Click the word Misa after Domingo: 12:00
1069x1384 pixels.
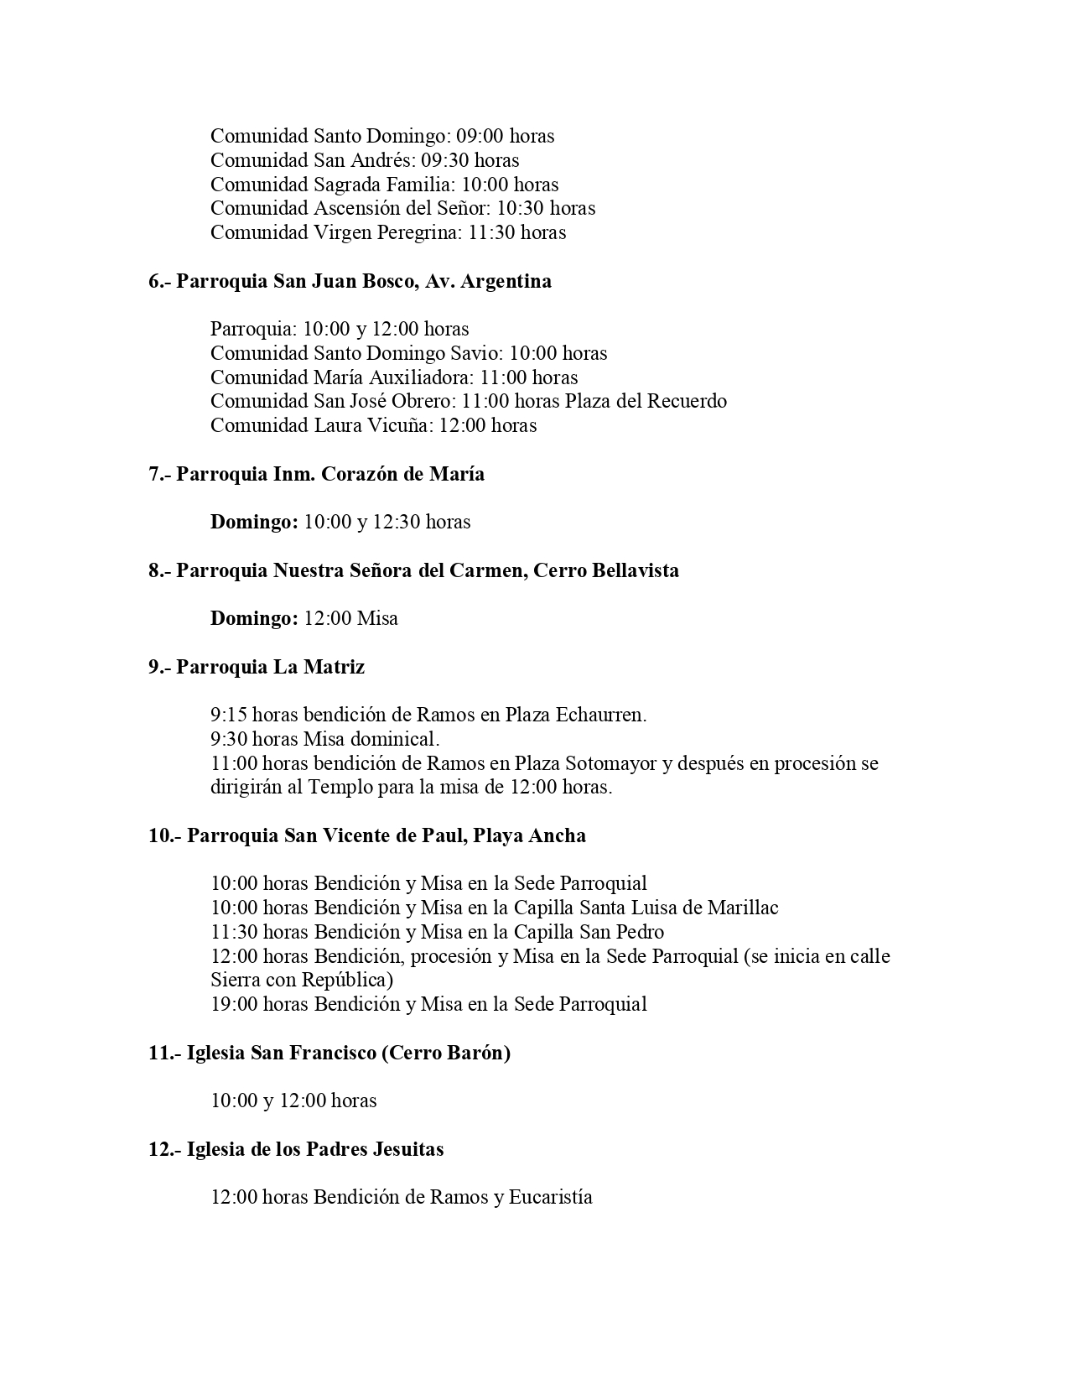pyautogui.click(x=377, y=618)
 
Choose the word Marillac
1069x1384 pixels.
pyautogui.click(x=743, y=908)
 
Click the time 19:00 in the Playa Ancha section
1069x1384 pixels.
pyautogui.click(x=234, y=1004)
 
